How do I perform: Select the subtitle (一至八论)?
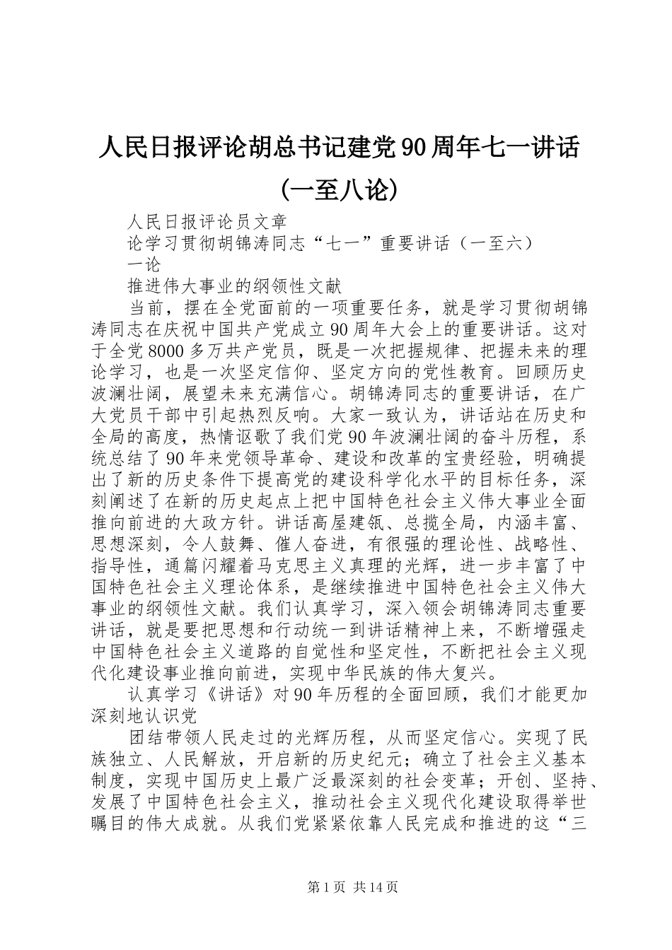[x=336, y=189]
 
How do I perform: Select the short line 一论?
[x=144, y=265]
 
